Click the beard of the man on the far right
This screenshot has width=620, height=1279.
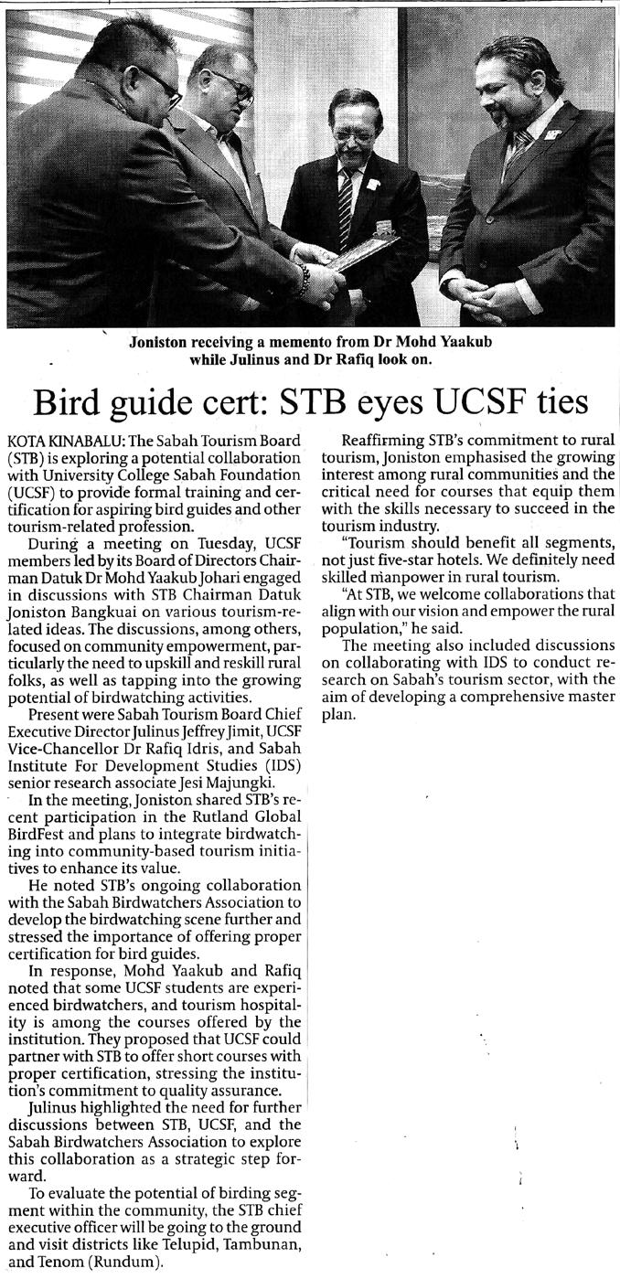(503, 117)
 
